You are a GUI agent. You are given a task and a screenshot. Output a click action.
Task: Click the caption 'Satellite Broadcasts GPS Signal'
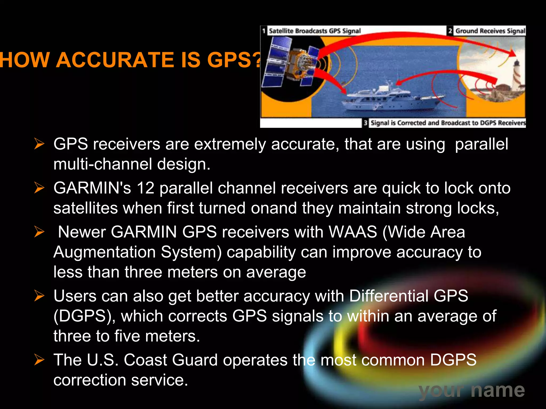(315, 31)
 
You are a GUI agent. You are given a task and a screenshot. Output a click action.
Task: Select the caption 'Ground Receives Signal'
(490, 31)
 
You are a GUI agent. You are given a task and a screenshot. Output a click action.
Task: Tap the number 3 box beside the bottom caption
(365, 123)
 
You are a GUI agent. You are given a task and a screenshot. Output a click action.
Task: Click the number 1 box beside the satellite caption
(264, 31)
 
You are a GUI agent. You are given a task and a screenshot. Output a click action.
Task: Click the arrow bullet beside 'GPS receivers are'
(39, 144)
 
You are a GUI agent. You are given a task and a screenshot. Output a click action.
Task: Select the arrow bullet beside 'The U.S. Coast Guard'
(39, 360)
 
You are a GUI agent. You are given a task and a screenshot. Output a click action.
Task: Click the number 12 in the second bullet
(146, 188)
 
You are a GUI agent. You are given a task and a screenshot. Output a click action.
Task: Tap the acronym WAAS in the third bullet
(353, 232)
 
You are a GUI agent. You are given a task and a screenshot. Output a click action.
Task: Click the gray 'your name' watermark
(471, 391)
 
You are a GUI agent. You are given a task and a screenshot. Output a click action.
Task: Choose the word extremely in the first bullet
(230, 144)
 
